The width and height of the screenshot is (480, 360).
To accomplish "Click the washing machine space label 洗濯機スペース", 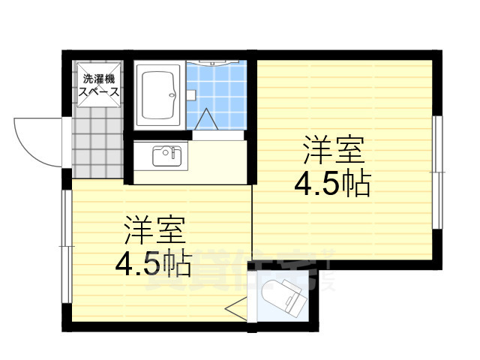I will pos(100,85).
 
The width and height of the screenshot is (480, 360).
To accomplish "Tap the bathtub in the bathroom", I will pos(157,97).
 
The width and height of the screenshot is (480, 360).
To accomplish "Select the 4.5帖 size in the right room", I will pos(333,184).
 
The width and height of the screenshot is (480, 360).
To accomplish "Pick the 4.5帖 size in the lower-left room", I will pos(153,264).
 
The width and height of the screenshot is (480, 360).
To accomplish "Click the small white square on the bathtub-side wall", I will pos(192,95).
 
